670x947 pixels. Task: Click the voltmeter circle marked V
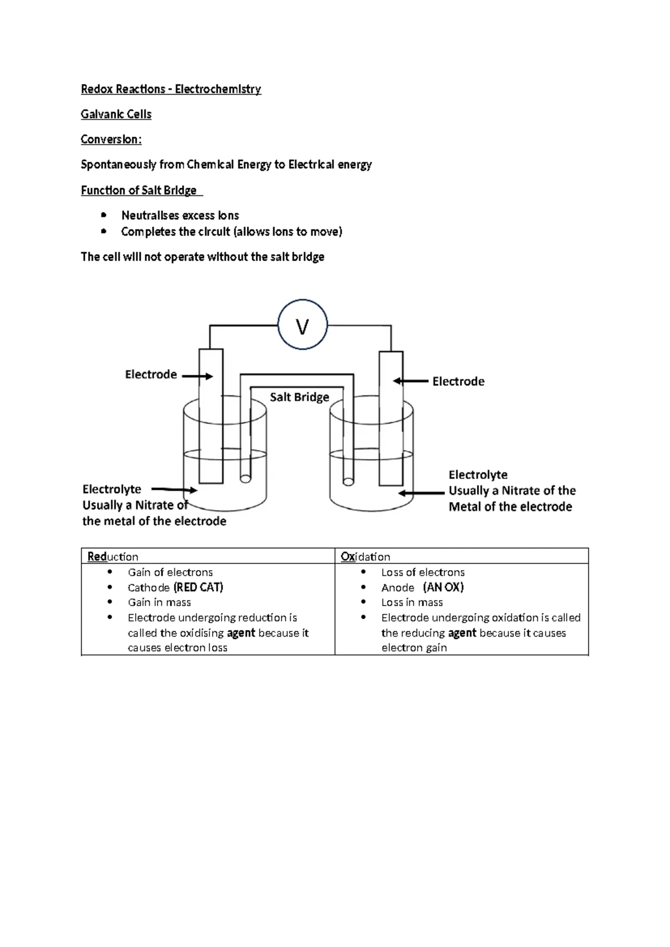coord(302,325)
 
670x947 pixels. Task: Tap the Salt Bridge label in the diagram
coord(299,397)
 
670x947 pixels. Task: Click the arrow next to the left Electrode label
coord(197,376)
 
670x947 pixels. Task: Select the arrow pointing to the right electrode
coord(410,381)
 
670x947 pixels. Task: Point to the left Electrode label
coord(151,375)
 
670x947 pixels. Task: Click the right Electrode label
coord(458,381)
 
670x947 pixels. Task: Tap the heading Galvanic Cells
coord(116,114)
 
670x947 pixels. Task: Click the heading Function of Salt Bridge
coord(138,190)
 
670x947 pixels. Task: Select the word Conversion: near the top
coord(111,140)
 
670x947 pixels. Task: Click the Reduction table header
coord(113,557)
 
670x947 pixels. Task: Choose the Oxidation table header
coord(365,557)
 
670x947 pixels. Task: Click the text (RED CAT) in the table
coord(198,587)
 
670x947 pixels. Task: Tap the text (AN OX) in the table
coord(443,587)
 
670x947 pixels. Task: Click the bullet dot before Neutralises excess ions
coord(103,215)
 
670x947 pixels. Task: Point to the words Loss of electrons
coord(423,572)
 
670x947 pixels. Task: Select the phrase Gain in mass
coord(159,602)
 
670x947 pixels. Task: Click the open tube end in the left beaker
coord(245,479)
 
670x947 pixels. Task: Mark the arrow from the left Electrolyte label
coord(174,490)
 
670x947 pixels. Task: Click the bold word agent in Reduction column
coord(241,633)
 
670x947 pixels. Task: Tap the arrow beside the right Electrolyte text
coord(422,493)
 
